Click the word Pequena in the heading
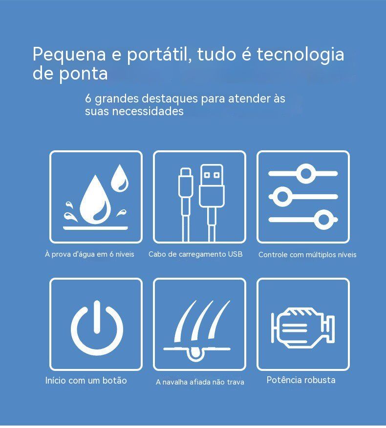pos(69,55)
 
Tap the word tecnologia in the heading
pos(300,55)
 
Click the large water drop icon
pos(95,200)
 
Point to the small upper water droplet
pos(119,178)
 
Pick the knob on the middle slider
pos(282,196)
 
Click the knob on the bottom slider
pos(323,220)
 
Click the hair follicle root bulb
pos(195,353)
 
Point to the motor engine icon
pos(302,327)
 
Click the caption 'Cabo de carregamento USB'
pos(195,254)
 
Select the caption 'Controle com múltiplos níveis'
pos(307,255)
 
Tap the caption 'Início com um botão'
pos(86,380)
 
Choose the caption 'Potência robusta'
pos(300,380)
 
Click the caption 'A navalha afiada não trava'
pos(200,382)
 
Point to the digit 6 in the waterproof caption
pos(111,254)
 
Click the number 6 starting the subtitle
pos(88,99)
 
